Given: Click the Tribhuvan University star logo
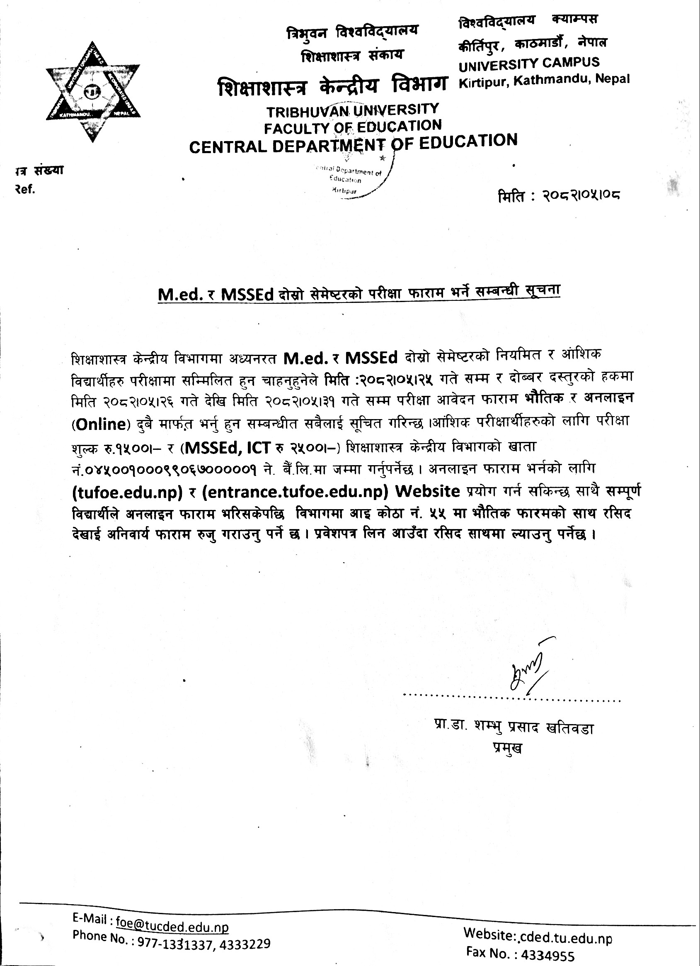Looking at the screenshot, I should pos(93,92).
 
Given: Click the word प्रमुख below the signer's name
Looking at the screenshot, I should pos(507,748).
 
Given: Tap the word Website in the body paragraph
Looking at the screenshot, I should pos(427,491).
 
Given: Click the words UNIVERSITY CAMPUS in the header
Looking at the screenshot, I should pos(529,64).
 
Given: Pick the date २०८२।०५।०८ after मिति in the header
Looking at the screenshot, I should pos(581,196).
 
